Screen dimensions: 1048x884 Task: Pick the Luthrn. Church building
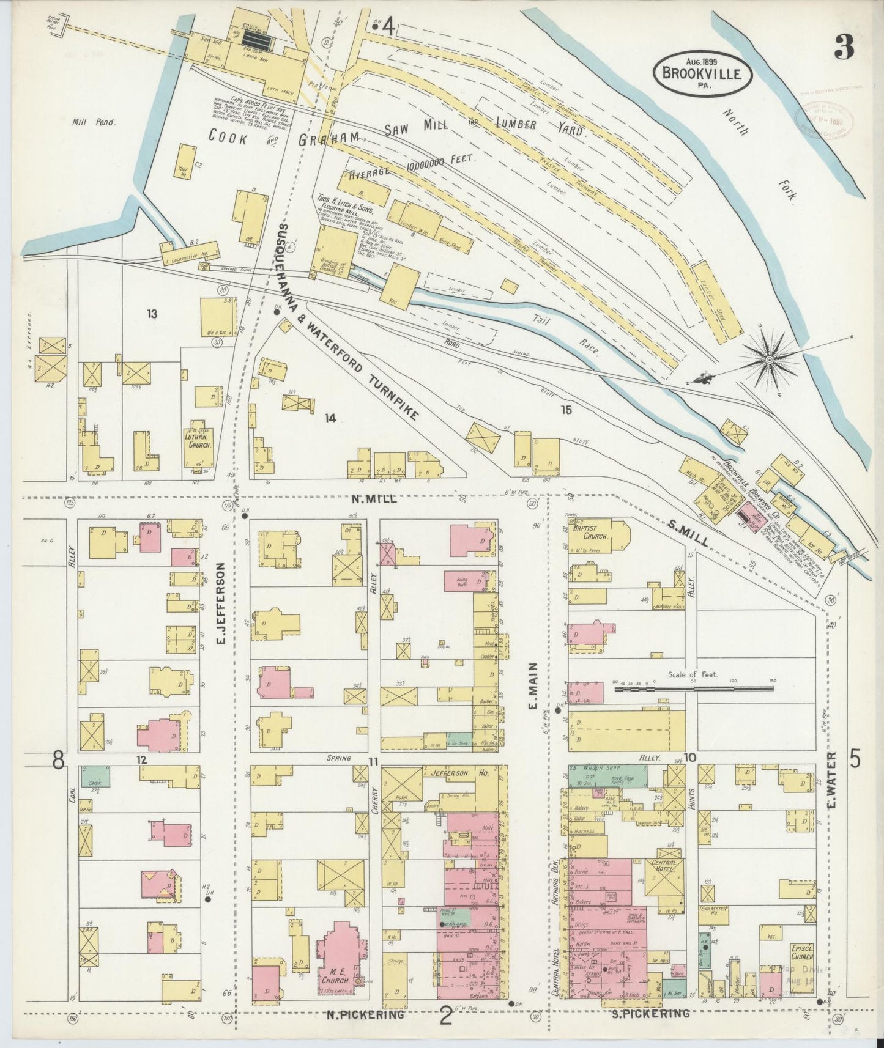point(198,441)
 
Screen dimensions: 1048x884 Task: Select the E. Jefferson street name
point(221,603)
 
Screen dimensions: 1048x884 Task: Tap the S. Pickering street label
point(650,1013)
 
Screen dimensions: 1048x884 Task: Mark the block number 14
point(330,418)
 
